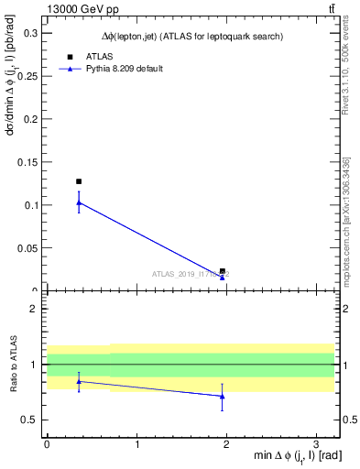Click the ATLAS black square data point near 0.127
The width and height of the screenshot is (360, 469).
tap(79, 181)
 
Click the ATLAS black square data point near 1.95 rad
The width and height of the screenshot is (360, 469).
tap(223, 271)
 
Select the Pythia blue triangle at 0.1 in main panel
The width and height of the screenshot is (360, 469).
tap(79, 202)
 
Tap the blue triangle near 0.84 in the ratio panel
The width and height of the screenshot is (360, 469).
tap(79, 381)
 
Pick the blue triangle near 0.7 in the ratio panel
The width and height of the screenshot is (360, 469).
tap(223, 396)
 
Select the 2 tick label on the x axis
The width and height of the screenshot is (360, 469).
tap(227, 443)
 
